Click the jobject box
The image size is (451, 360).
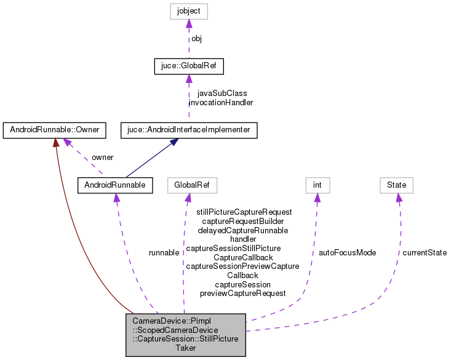189,10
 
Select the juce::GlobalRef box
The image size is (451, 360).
189,65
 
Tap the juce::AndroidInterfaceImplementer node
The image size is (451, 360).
188,130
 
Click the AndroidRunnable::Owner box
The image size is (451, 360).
54,130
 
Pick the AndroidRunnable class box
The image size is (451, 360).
115,185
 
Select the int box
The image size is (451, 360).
317,185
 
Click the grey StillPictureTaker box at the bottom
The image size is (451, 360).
185,335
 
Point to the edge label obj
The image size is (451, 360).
196,38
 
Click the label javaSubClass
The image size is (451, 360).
222,94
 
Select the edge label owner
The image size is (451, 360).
102,158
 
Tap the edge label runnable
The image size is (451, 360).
164,252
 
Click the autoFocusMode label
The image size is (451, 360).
347,252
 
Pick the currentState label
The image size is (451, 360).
425,252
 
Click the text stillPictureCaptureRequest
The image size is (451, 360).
244,212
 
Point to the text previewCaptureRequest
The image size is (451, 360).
242,294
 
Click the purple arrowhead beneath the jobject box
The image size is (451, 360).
189,23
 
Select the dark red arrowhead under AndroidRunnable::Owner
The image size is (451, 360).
55,142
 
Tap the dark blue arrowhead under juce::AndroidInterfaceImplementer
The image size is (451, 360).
175,142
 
